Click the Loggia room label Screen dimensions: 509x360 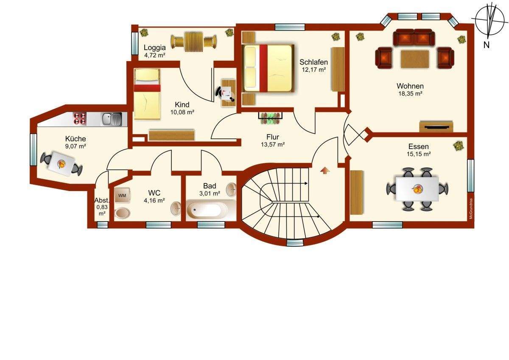point(154,48)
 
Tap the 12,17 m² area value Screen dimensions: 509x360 point(314,70)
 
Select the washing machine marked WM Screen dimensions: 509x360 point(122,195)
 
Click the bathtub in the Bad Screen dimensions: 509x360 point(207,209)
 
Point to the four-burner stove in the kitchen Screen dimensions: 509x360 point(80,119)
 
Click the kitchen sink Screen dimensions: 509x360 point(112,119)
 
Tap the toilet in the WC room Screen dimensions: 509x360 point(122,213)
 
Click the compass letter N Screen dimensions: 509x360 point(486,45)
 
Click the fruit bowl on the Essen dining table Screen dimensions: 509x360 point(417,189)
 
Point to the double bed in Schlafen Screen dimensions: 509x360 point(268,68)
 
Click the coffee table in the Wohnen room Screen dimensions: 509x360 point(415,59)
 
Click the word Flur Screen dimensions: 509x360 point(273,137)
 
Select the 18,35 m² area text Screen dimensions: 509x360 point(410,93)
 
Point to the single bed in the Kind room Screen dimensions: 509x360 point(147,94)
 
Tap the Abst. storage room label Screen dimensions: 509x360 point(102,200)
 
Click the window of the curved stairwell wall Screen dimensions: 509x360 point(295,243)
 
